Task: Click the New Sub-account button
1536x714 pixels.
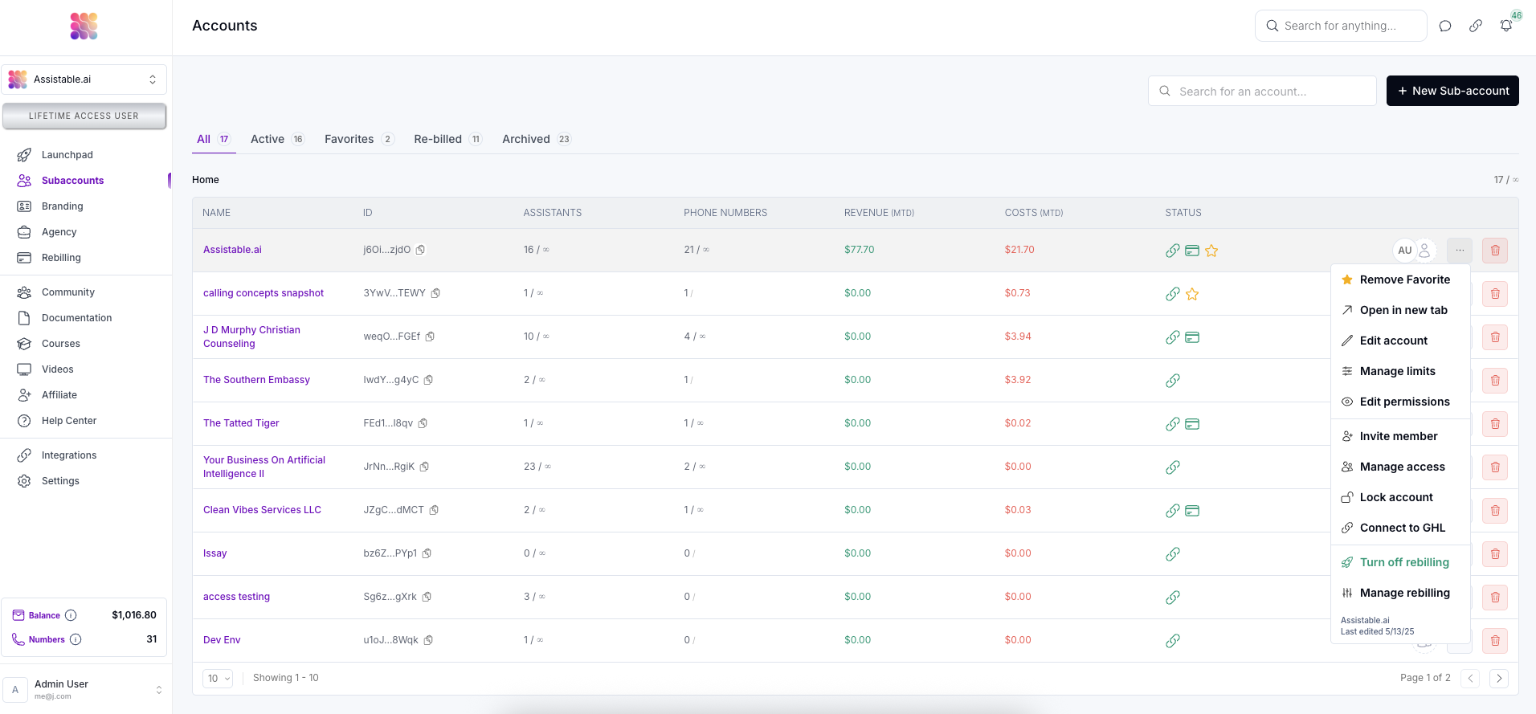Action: [x=1452, y=91]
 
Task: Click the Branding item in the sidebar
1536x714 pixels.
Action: [x=62, y=206]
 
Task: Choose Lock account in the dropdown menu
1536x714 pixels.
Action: [x=1395, y=497]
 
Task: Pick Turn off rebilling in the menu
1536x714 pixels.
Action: [x=1403, y=562]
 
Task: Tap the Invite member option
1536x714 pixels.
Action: [x=1398, y=436]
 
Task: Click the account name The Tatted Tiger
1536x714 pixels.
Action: [x=241, y=423]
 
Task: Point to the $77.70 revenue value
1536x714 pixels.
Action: [x=859, y=250]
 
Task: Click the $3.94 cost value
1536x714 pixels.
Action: [x=1018, y=337]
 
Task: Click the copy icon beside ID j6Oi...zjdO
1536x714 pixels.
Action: [x=421, y=250]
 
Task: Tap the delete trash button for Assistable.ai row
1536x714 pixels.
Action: [x=1494, y=251]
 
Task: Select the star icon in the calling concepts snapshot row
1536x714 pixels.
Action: [x=1192, y=294]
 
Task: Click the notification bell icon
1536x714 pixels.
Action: [x=1506, y=26]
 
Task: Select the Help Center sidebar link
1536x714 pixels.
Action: [x=68, y=421]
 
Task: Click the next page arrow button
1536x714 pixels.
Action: [x=1498, y=679]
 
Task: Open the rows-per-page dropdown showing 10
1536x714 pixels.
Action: [x=218, y=679]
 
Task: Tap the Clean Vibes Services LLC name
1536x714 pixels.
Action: [x=262, y=510]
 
